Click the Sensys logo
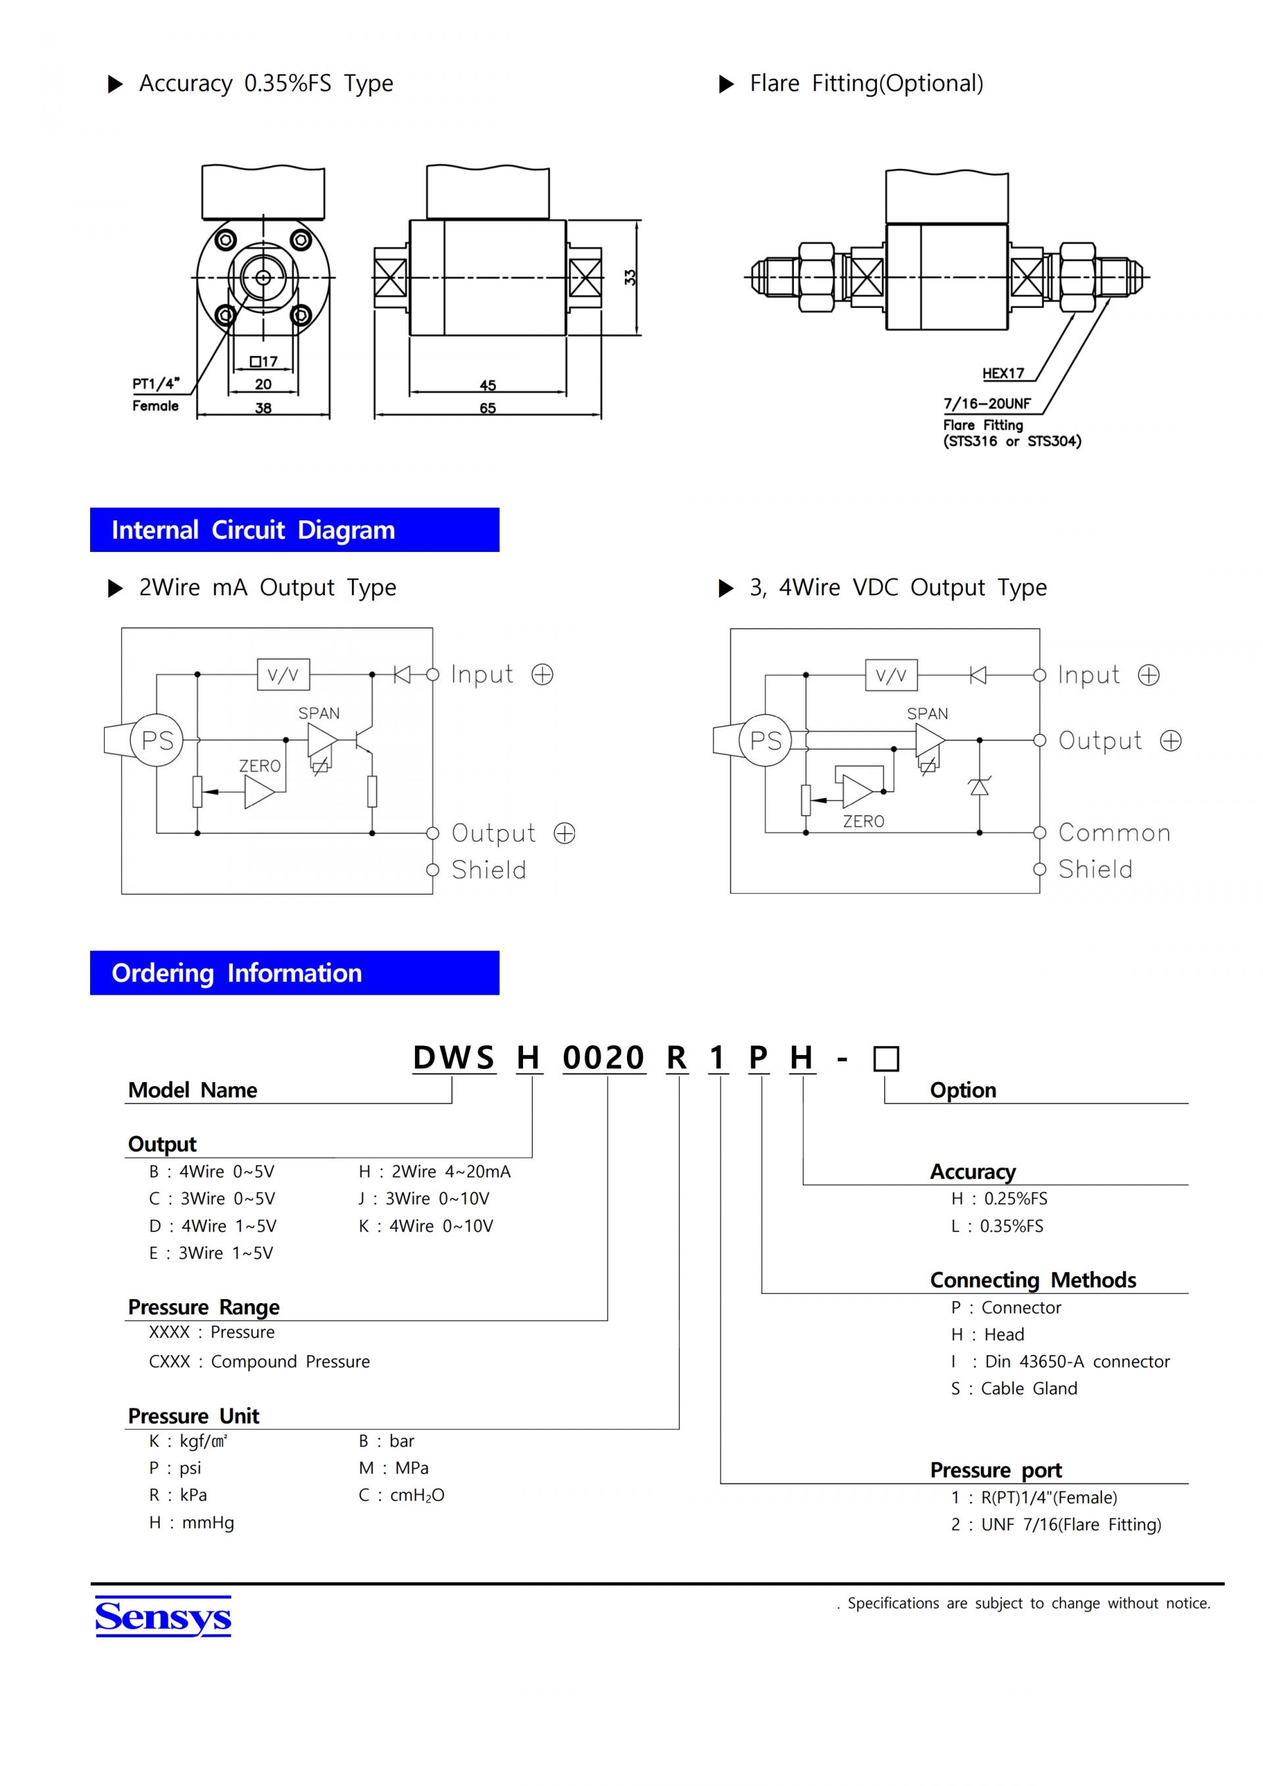163,1616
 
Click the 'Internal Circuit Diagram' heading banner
295,530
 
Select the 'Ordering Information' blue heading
295,972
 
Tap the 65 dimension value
487,408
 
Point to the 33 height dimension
630,277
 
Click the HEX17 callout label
1003,374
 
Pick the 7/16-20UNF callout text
987,404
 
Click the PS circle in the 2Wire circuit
157,740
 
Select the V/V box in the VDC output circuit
891,675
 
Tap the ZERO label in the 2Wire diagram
260,766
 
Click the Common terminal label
1114,833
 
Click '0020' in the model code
603,1058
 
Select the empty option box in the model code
887,1058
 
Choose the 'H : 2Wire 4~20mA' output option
435,1172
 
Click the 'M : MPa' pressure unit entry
393,1468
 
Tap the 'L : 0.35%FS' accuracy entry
997,1226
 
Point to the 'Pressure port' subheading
996,1470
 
